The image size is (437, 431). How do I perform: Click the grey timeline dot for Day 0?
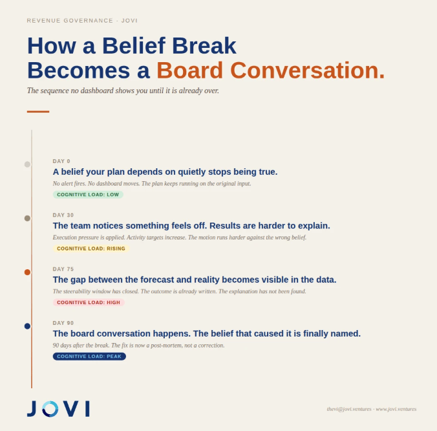tap(27, 164)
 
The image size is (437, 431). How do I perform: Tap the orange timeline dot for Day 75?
tap(27, 272)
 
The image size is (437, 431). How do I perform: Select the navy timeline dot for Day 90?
tap(27, 326)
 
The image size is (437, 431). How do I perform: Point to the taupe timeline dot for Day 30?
tap(27, 218)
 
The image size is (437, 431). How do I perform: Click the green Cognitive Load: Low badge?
tap(88, 194)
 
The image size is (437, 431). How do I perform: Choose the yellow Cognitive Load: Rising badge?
tap(91, 249)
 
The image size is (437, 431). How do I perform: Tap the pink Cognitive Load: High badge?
tap(89, 302)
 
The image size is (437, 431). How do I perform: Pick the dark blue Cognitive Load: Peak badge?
tap(89, 356)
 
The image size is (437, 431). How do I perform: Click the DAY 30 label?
tap(63, 215)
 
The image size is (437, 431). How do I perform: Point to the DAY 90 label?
tap(63, 323)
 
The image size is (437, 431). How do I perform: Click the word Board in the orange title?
tap(189, 70)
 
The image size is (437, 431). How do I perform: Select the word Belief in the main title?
tap(134, 45)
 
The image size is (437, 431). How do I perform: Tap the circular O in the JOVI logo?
tap(50, 409)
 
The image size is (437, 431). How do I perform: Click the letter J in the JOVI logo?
tap(32, 409)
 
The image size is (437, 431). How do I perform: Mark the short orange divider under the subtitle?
tap(38, 111)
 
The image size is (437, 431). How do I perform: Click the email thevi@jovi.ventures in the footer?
tap(349, 409)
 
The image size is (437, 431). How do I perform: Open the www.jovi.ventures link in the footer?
tap(396, 409)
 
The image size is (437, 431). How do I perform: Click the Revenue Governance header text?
tap(70, 21)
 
